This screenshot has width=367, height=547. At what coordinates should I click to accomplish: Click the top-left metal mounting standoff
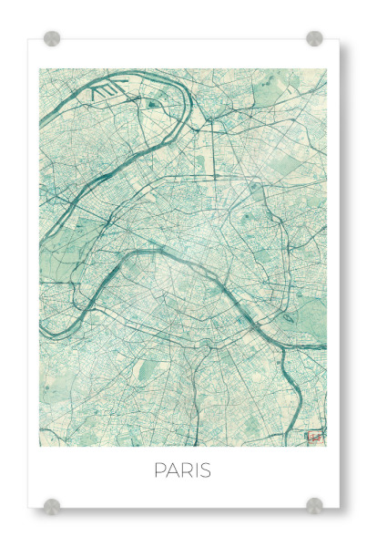[x=52, y=38]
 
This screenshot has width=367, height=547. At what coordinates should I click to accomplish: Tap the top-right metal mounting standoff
[x=314, y=38]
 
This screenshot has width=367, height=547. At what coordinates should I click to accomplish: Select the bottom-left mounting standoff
[x=52, y=505]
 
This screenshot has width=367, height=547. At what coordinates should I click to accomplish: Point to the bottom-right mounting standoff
[x=314, y=505]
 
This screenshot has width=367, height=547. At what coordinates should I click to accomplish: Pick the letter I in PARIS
[x=197, y=470]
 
